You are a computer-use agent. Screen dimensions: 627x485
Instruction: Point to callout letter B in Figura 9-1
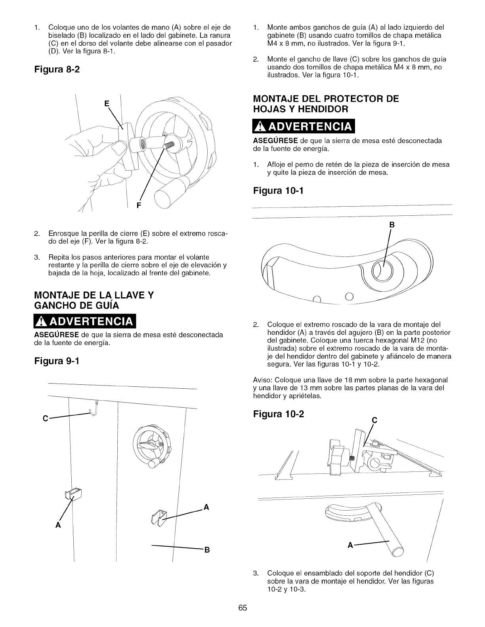(x=206, y=550)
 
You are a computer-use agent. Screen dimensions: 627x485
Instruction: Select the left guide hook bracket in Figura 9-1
(x=74, y=493)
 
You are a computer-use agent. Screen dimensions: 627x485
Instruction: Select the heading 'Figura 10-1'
(x=277, y=192)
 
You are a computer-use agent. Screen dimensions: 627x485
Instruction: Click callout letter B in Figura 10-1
(x=392, y=225)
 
